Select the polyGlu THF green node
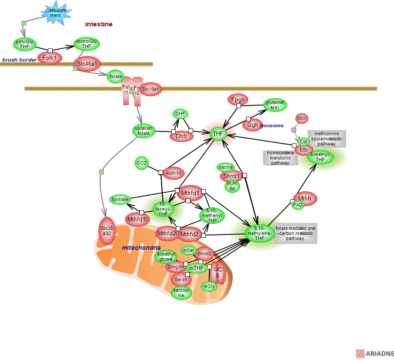25,44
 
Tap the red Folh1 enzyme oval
50,58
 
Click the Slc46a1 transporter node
87,64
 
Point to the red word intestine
99,24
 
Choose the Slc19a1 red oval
151,89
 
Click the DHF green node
180,114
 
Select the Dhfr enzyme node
181,136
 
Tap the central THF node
218,134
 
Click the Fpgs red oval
238,100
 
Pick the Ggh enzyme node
252,125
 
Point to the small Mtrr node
301,118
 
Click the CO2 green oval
142,163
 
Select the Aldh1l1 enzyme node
174,173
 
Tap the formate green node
120,199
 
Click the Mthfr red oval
305,198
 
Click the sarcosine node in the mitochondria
181,292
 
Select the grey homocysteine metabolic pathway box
280,158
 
